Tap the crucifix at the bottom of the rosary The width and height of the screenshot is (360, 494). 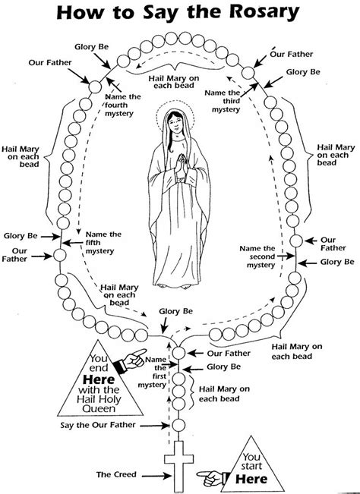click(x=178, y=463)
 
